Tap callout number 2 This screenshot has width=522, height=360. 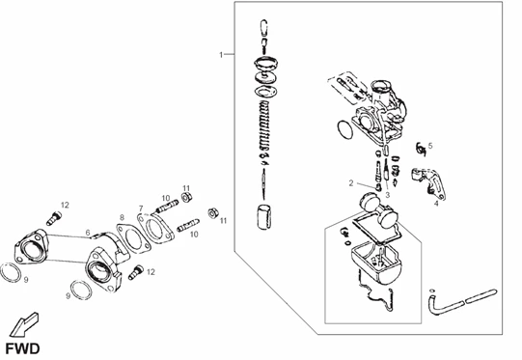[351, 181]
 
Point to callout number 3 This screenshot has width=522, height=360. [388, 194]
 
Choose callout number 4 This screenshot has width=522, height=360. [435, 204]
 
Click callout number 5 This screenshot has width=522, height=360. [430, 146]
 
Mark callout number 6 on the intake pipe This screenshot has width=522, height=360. [87, 232]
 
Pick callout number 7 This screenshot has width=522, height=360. [140, 208]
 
